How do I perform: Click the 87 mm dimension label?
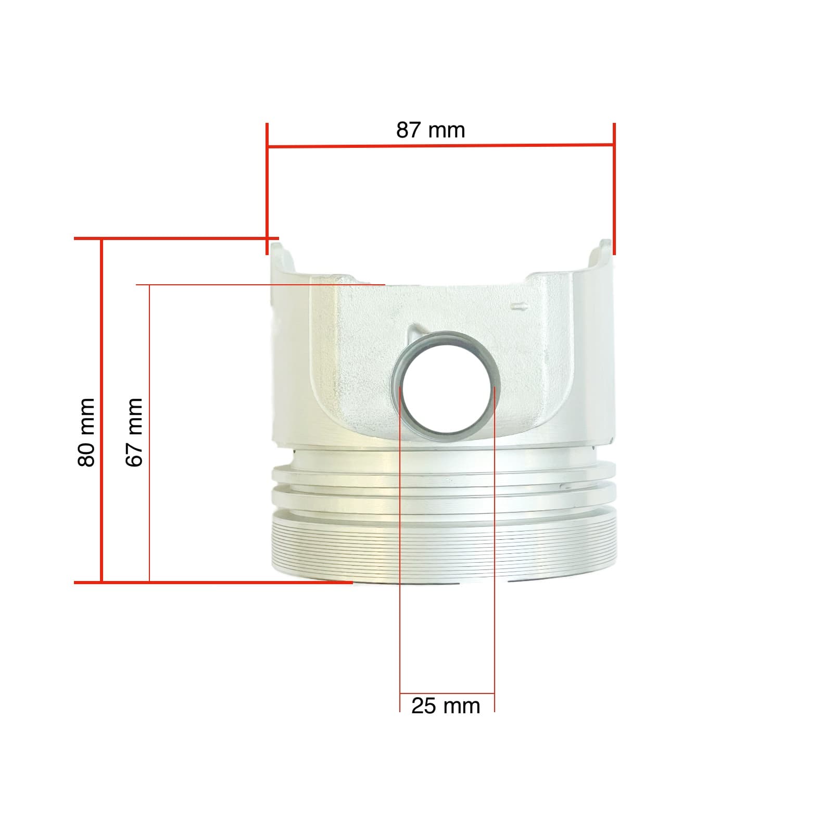click(x=431, y=130)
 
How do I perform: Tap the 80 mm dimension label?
click(x=86, y=432)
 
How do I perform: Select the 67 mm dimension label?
click(x=134, y=432)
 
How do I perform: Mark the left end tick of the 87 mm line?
click(x=267, y=189)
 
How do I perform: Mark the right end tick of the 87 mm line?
click(x=614, y=189)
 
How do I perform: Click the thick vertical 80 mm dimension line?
click(x=102, y=411)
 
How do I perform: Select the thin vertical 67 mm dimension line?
click(x=149, y=433)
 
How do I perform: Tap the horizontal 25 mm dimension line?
click(x=447, y=693)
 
